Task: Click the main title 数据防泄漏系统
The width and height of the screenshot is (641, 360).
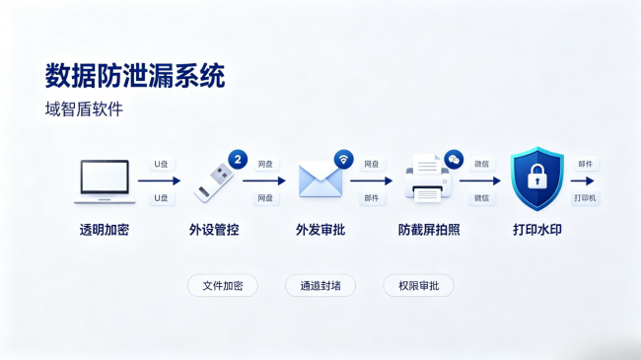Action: (x=135, y=76)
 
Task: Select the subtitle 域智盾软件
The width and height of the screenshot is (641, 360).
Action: (x=84, y=109)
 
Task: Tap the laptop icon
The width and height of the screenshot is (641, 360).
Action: (x=105, y=181)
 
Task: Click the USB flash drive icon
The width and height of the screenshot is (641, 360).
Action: (x=213, y=182)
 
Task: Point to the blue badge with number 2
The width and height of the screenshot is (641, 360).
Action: (x=238, y=159)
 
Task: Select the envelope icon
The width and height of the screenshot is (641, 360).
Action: (x=320, y=180)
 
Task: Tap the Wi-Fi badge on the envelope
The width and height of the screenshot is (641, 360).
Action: (x=344, y=159)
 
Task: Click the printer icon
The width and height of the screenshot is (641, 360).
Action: (x=428, y=179)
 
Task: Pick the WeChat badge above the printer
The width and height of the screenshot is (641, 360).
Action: (x=454, y=159)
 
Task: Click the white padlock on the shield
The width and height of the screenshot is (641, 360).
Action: (x=537, y=177)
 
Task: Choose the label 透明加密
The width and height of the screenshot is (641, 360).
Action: (x=105, y=230)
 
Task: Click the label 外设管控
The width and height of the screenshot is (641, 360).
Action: (x=214, y=230)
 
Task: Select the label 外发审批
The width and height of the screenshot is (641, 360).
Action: (x=320, y=230)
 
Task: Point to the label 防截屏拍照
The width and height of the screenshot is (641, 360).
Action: (x=429, y=230)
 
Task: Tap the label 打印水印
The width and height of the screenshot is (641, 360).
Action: (x=537, y=230)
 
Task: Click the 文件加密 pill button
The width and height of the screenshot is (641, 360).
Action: (x=223, y=286)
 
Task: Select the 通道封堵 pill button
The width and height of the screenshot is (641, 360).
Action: (x=320, y=286)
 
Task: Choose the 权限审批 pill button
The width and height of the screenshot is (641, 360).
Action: (x=418, y=286)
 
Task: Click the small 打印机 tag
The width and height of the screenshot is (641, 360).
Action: (x=585, y=198)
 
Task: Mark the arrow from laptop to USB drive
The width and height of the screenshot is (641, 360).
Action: (x=160, y=180)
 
